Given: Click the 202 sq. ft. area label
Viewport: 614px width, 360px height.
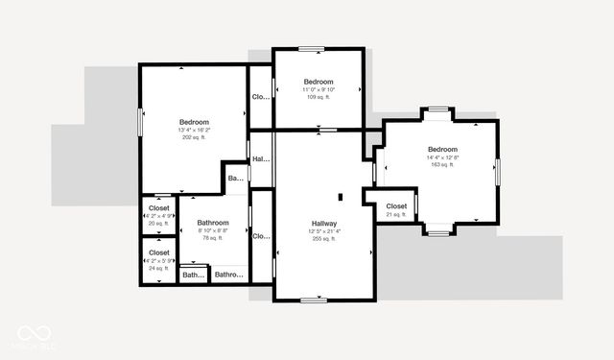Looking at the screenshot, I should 194,137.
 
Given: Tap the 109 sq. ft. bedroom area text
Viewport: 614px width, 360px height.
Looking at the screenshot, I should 319,97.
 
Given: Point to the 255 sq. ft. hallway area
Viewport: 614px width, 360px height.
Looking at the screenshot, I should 323,239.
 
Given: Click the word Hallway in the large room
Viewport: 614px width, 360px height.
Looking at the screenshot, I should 323,222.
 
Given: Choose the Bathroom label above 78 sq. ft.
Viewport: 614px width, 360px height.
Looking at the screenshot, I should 213,222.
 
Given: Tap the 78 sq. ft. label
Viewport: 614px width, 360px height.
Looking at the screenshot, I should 213,238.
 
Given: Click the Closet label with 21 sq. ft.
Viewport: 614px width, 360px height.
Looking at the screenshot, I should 396,205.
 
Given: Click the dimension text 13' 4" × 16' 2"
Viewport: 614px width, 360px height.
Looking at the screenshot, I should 194,130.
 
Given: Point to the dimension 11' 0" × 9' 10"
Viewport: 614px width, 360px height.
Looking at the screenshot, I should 319,89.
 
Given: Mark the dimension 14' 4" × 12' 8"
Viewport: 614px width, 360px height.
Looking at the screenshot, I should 442,157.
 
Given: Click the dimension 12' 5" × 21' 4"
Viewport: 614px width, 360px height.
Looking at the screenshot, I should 323,230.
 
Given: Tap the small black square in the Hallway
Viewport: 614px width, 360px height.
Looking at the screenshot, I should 340,196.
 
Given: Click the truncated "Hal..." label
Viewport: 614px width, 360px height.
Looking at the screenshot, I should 260,159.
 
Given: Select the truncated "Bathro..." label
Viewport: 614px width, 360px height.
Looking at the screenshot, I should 228,276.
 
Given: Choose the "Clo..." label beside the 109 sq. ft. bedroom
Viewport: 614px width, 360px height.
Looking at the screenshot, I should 260,97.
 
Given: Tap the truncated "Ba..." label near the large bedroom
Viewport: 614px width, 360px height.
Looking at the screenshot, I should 236,178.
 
